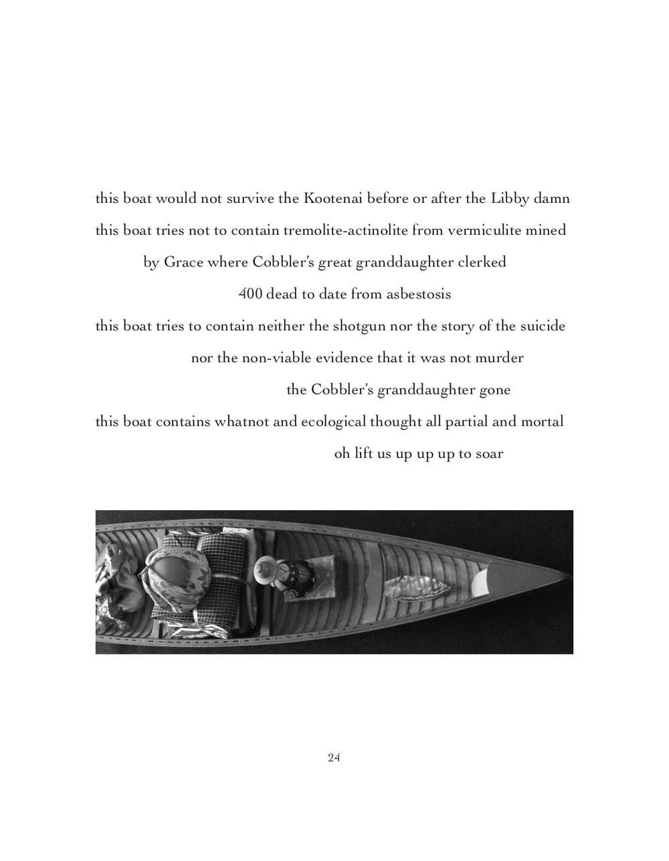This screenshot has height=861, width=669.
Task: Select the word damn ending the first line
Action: coord(551,199)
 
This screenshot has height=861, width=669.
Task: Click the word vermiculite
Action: coord(480,231)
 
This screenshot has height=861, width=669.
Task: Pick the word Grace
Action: coord(183,262)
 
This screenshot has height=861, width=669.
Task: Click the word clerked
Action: coord(482,262)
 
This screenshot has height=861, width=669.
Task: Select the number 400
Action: coord(250,295)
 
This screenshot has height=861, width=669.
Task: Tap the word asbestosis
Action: coord(419,295)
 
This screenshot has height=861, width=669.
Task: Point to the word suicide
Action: coord(543,327)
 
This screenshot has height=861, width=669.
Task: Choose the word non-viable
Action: coord(277,358)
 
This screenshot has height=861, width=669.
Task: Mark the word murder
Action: coord(499,358)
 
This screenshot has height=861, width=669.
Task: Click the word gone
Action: coord(495,390)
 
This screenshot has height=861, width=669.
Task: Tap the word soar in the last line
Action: coord(490,454)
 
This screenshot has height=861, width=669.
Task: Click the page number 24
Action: coord(334,758)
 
